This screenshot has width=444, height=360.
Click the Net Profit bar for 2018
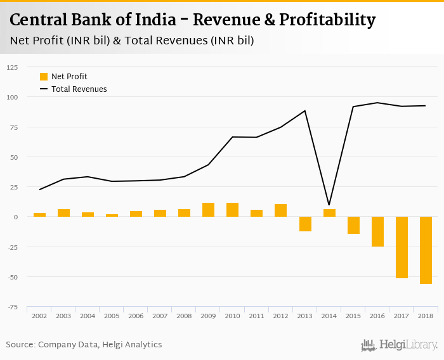[426, 250]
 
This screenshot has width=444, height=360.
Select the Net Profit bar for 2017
[402, 247]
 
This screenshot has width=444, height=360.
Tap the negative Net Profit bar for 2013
[305, 224]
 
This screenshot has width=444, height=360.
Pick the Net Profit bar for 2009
[208, 210]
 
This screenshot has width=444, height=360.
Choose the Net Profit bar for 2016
[377, 231]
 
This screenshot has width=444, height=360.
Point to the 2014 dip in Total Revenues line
[329, 205]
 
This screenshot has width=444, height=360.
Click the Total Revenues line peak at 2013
[305, 111]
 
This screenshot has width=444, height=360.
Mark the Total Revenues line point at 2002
[39, 190]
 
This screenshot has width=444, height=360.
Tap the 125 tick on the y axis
[13, 67]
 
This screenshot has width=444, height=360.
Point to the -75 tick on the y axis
[13, 307]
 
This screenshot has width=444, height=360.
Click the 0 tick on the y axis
[16, 217]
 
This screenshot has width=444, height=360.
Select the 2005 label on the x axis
[112, 315]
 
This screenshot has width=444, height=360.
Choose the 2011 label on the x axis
[256, 315]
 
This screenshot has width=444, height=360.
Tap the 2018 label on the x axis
[426, 315]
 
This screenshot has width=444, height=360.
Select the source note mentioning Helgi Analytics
[84, 345]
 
